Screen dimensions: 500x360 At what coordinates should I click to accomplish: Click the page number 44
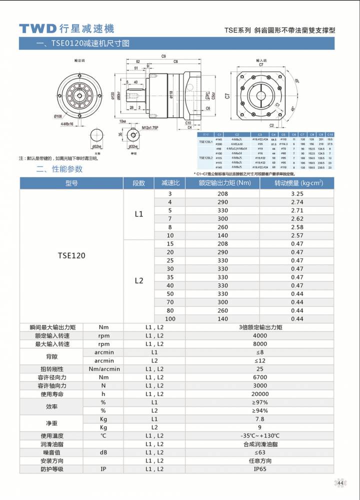tap(340, 482)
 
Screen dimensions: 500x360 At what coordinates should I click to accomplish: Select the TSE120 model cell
tap(71, 255)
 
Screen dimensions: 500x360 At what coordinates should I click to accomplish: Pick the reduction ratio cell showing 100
tap(170, 318)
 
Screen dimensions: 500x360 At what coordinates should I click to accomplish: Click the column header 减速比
tap(170, 183)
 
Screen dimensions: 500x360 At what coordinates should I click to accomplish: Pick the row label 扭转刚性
tap(51, 369)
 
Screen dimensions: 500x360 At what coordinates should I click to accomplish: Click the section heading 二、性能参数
tap(59, 169)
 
